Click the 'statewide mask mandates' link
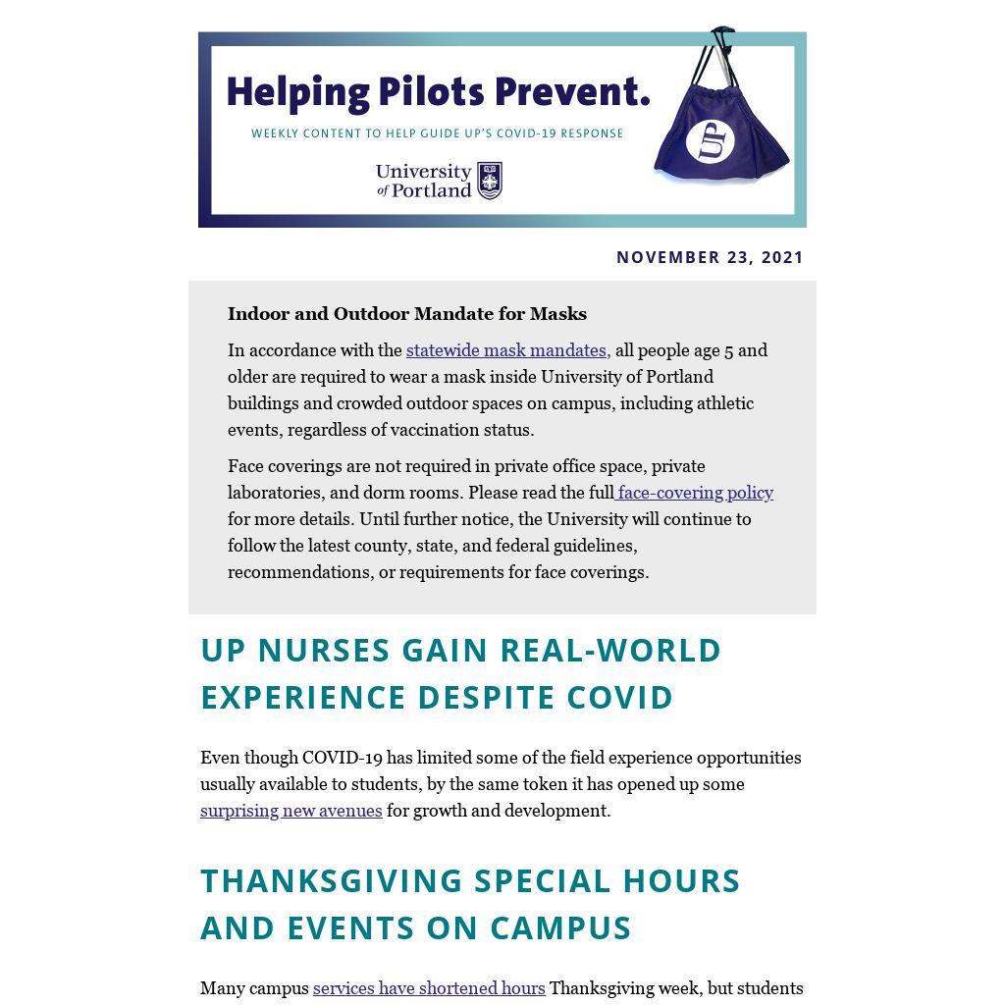click(507, 350)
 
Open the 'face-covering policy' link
click(695, 493)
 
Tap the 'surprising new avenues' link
click(291, 811)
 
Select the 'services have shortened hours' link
click(429, 988)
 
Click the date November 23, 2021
click(710, 257)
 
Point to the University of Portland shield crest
click(490, 181)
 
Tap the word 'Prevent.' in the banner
click(572, 92)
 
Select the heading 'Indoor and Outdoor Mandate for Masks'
click(407, 314)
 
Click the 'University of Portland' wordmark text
click(424, 181)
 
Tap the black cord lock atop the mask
click(722, 35)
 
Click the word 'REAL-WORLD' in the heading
click(610, 650)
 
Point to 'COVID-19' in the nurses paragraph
click(342, 758)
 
